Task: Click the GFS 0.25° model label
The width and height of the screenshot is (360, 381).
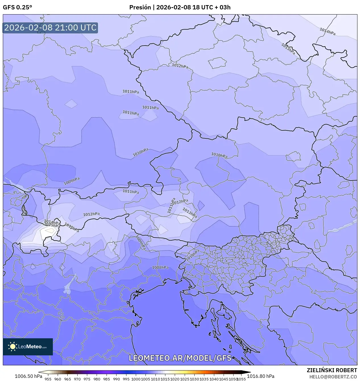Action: click(x=17, y=7)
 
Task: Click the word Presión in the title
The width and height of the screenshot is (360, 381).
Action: click(x=140, y=7)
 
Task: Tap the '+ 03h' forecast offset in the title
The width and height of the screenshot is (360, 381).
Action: click(x=223, y=7)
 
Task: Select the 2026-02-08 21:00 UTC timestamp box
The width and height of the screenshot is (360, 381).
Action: click(x=50, y=28)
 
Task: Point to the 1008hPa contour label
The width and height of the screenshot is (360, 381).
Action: click(x=160, y=267)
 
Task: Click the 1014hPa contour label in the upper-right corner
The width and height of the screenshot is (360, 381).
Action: click(x=327, y=31)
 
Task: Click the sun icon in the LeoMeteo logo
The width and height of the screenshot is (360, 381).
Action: click(x=13, y=347)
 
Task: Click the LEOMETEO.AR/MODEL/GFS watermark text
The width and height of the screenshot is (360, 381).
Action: click(x=180, y=358)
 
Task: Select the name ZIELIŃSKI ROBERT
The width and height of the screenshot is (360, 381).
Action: click(x=332, y=370)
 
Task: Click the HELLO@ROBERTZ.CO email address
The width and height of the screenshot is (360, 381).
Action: click(x=333, y=376)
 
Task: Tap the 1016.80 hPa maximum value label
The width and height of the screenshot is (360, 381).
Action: click(x=261, y=376)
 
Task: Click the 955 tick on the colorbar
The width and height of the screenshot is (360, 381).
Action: click(x=48, y=379)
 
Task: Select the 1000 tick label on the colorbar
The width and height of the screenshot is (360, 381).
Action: click(x=136, y=379)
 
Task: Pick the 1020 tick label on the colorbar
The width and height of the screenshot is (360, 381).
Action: click(x=175, y=379)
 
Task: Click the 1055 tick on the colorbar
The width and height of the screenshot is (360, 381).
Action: click(x=241, y=379)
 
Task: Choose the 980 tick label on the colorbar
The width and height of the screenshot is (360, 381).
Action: click(x=97, y=379)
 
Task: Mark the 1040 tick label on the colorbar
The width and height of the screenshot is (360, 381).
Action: click(x=214, y=379)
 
